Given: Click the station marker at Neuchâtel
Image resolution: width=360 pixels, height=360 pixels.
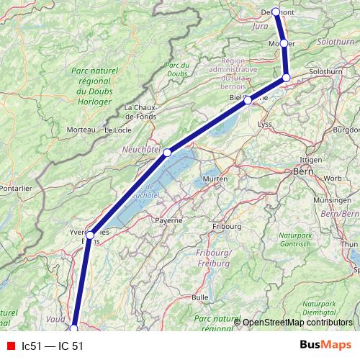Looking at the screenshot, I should point(167,152).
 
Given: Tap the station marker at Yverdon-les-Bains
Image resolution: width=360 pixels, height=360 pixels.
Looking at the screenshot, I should point(90,235).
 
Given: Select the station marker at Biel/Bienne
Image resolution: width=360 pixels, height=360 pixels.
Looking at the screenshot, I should point(248,100).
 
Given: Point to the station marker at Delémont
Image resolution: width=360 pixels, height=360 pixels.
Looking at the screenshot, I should point(276,12).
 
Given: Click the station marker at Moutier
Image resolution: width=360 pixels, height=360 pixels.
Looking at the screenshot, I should point(284,44).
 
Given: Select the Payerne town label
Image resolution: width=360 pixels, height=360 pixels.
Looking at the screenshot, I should point(169,220).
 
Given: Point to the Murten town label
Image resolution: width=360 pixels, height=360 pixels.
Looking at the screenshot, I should point(215,179).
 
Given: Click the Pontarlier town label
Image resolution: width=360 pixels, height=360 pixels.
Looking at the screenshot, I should point(14,188).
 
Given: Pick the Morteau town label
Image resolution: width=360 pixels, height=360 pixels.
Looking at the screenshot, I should point(81,130).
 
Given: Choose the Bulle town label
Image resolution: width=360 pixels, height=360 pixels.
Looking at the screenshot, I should point(199,297).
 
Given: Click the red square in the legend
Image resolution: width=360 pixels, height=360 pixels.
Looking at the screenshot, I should point(11,346).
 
